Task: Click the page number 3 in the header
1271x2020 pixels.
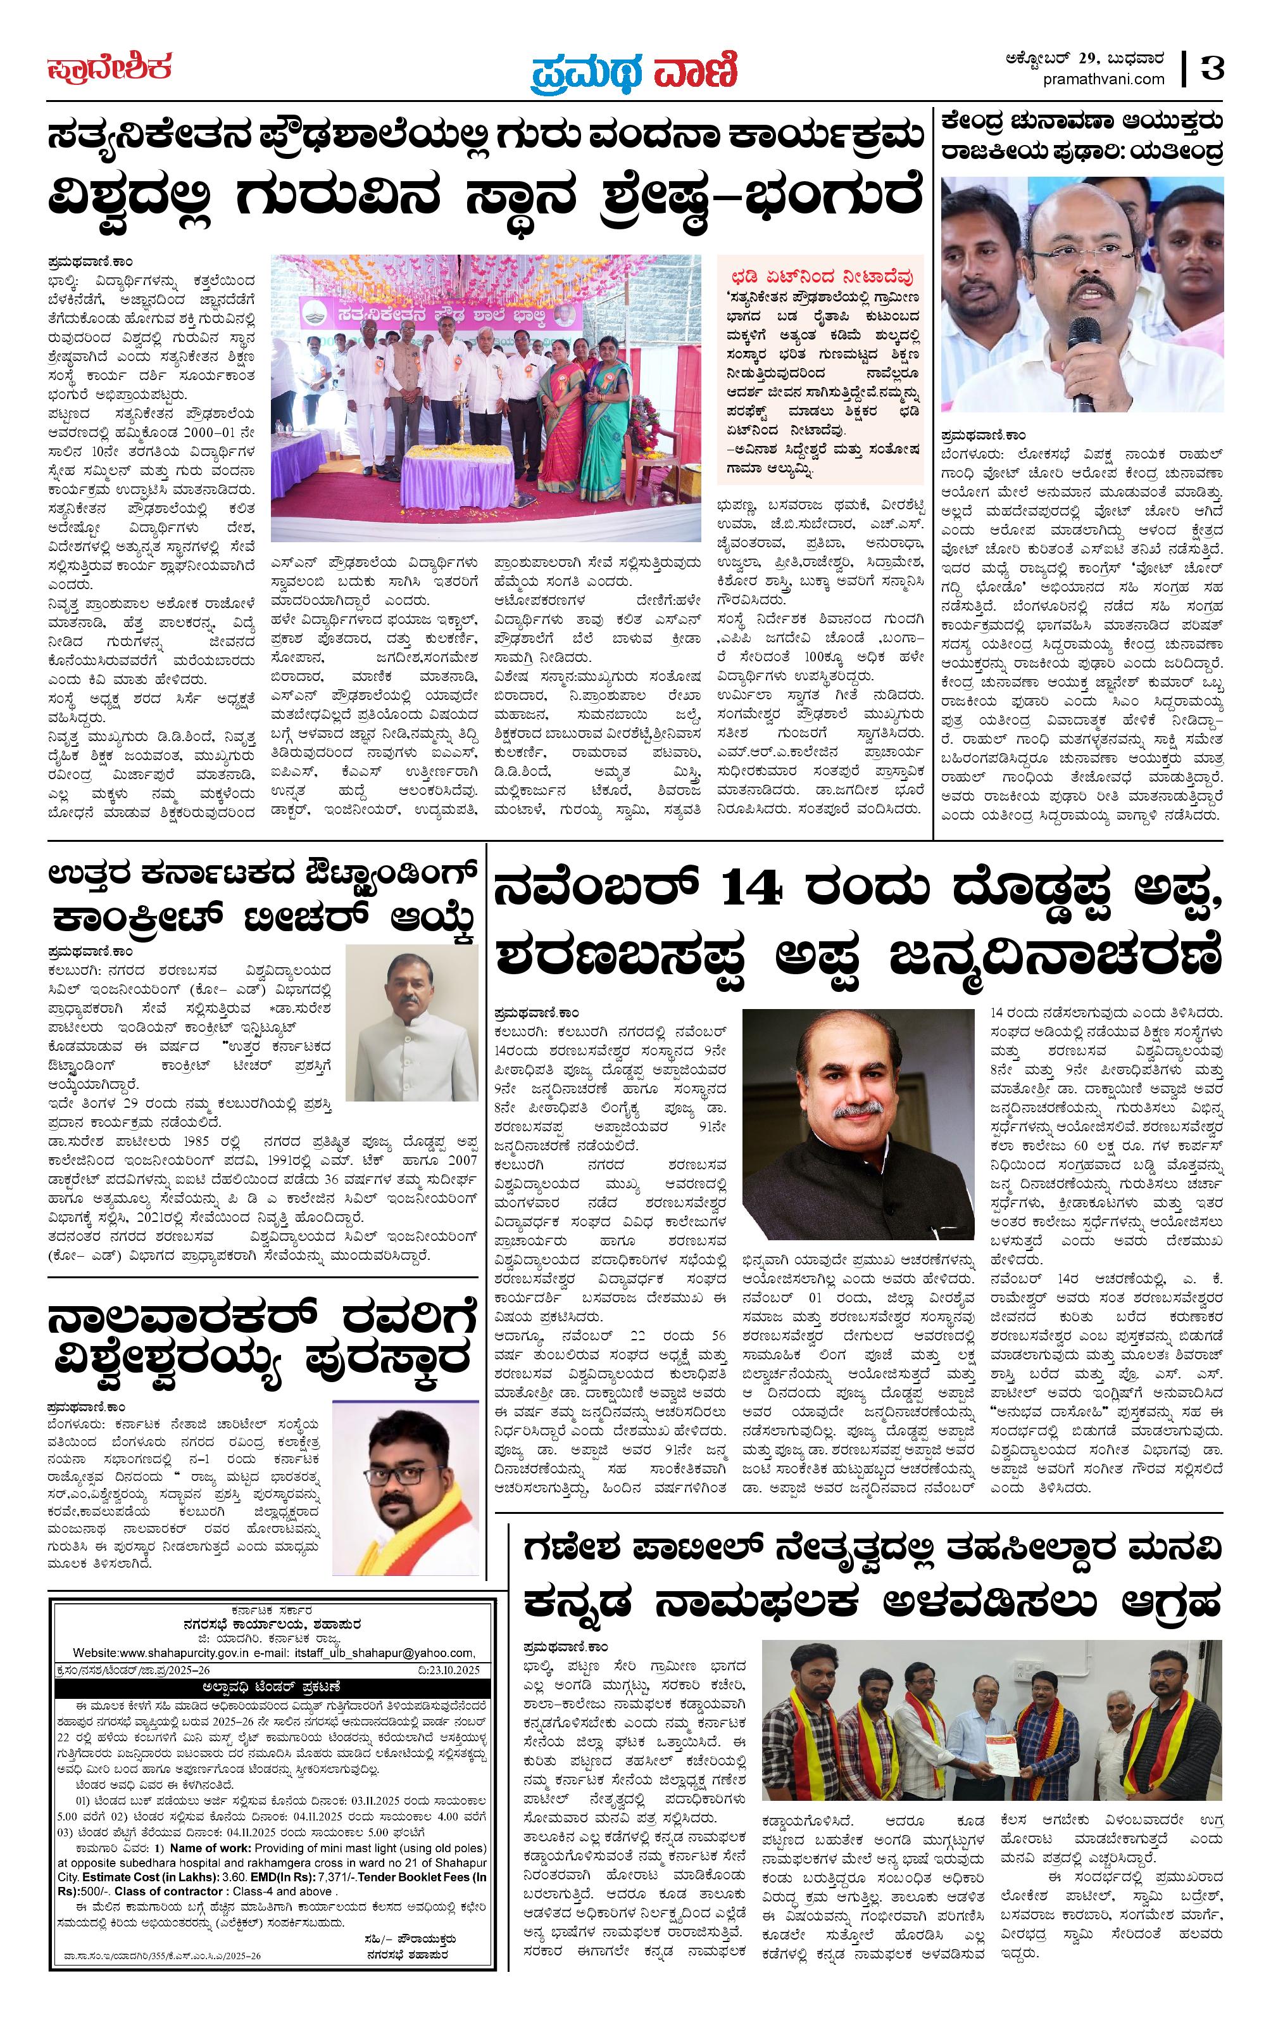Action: [x=1212, y=67]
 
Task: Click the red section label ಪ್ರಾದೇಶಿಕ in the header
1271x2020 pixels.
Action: [x=109, y=67]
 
